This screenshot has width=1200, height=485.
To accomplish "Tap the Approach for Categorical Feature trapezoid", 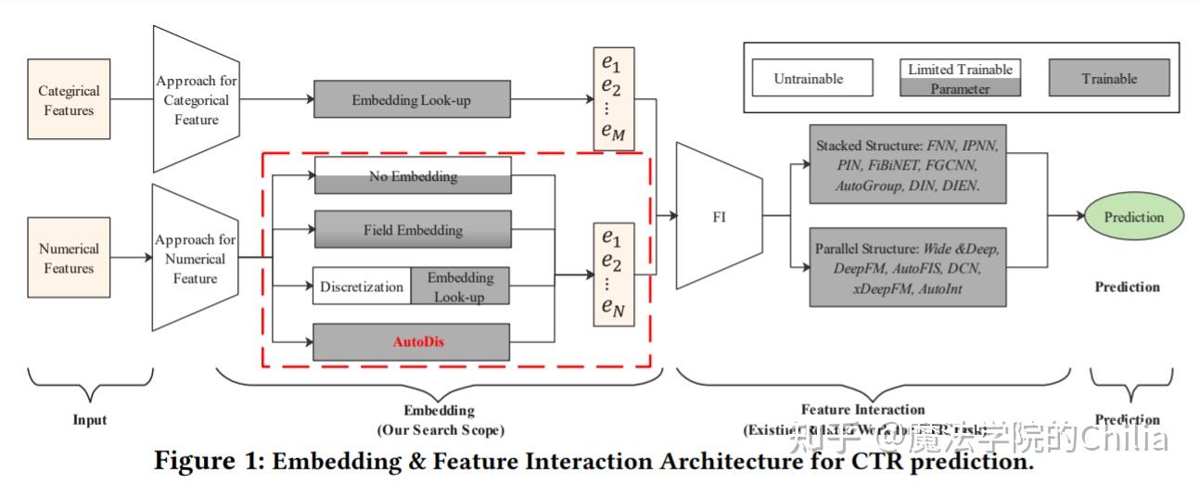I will pyautogui.click(x=197, y=100).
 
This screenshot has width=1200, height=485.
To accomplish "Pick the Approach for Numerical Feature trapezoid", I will pyautogui.click(x=196, y=257).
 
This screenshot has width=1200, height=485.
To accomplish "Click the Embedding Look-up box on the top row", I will pyautogui.click(x=413, y=99).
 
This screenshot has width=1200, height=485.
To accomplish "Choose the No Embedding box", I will pyautogui.click(x=413, y=175).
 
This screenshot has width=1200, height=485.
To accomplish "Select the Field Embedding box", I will pyautogui.click(x=413, y=229).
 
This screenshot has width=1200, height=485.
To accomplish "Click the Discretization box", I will pyautogui.click(x=362, y=287).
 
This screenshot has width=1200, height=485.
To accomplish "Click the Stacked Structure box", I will pyautogui.click(x=908, y=164).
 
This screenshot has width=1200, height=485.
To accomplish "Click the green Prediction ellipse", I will pyautogui.click(x=1133, y=217).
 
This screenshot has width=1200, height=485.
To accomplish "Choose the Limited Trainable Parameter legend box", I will pyautogui.click(x=960, y=79).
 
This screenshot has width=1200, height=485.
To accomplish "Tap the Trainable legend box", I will pyautogui.click(x=1109, y=79).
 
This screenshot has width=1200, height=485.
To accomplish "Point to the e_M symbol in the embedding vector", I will pyautogui.click(x=613, y=134).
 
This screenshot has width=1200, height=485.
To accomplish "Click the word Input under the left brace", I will pyautogui.click(x=90, y=419).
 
